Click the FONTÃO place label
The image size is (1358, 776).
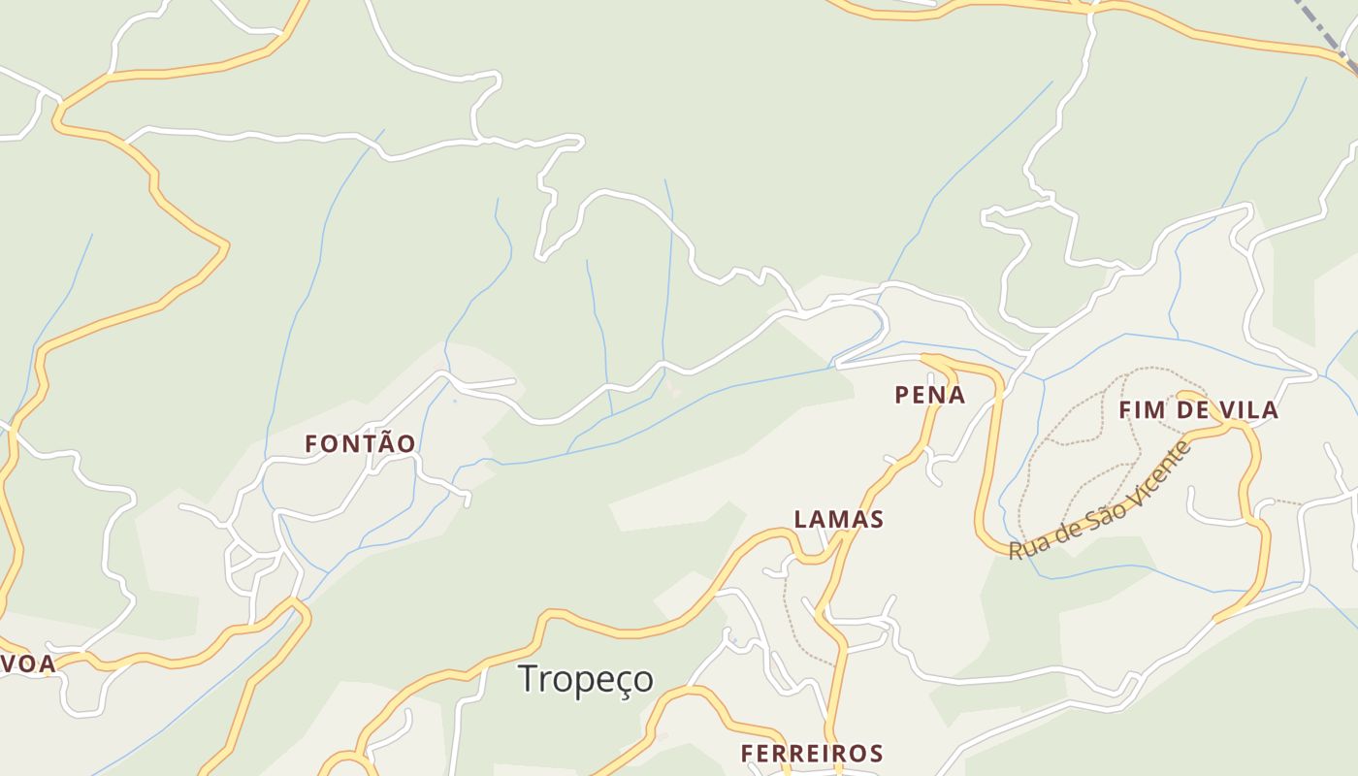tap(360, 444)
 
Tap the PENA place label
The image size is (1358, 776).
tap(929, 395)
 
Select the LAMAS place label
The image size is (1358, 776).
tap(839, 520)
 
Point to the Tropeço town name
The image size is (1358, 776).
tap(586, 679)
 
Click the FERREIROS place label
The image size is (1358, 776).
tap(812, 754)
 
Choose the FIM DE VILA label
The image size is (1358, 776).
tap(1198, 410)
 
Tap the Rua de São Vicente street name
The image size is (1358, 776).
tap(1101, 502)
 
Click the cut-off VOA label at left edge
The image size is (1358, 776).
tap(27, 664)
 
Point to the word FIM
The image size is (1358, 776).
tap(1141, 410)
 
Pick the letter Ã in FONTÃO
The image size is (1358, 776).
tap(385, 443)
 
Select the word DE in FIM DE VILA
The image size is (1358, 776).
tap(1191, 410)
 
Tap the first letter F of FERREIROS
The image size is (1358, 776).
tap(747, 754)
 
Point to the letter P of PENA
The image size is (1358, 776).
tap(902, 395)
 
